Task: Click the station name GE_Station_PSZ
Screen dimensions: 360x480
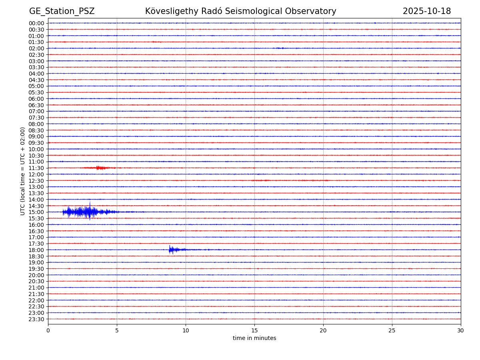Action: pyautogui.click(x=62, y=11)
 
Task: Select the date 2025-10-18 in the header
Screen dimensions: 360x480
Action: pyautogui.click(x=426, y=11)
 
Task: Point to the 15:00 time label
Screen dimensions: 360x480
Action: pyautogui.click(x=36, y=212)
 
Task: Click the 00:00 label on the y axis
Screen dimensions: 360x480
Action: pyautogui.click(x=36, y=23)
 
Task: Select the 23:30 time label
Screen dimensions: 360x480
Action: pyautogui.click(x=36, y=319)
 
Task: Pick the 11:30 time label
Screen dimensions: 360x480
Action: pyautogui.click(x=36, y=168)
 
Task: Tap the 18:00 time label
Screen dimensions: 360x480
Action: pyautogui.click(x=36, y=250)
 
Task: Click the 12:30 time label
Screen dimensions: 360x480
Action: pyautogui.click(x=36, y=181)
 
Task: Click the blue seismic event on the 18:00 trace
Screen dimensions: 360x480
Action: pyautogui.click(x=174, y=250)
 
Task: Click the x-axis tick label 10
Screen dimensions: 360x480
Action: pyautogui.click(x=186, y=330)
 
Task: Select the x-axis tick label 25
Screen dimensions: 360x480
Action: pyautogui.click(x=392, y=330)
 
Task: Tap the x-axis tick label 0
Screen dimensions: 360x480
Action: pyautogui.click(x=48, y=330)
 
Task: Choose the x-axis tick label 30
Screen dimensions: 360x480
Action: pyautogui.click(x=461, y=330)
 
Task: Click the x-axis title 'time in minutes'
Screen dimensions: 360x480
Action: pyautogui.click(x=254, y=338)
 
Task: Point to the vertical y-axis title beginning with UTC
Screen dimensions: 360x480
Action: pyautogui.click(x=23, y=171)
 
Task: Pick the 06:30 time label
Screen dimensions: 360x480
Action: pyautogui.click(x=36, y=105)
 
